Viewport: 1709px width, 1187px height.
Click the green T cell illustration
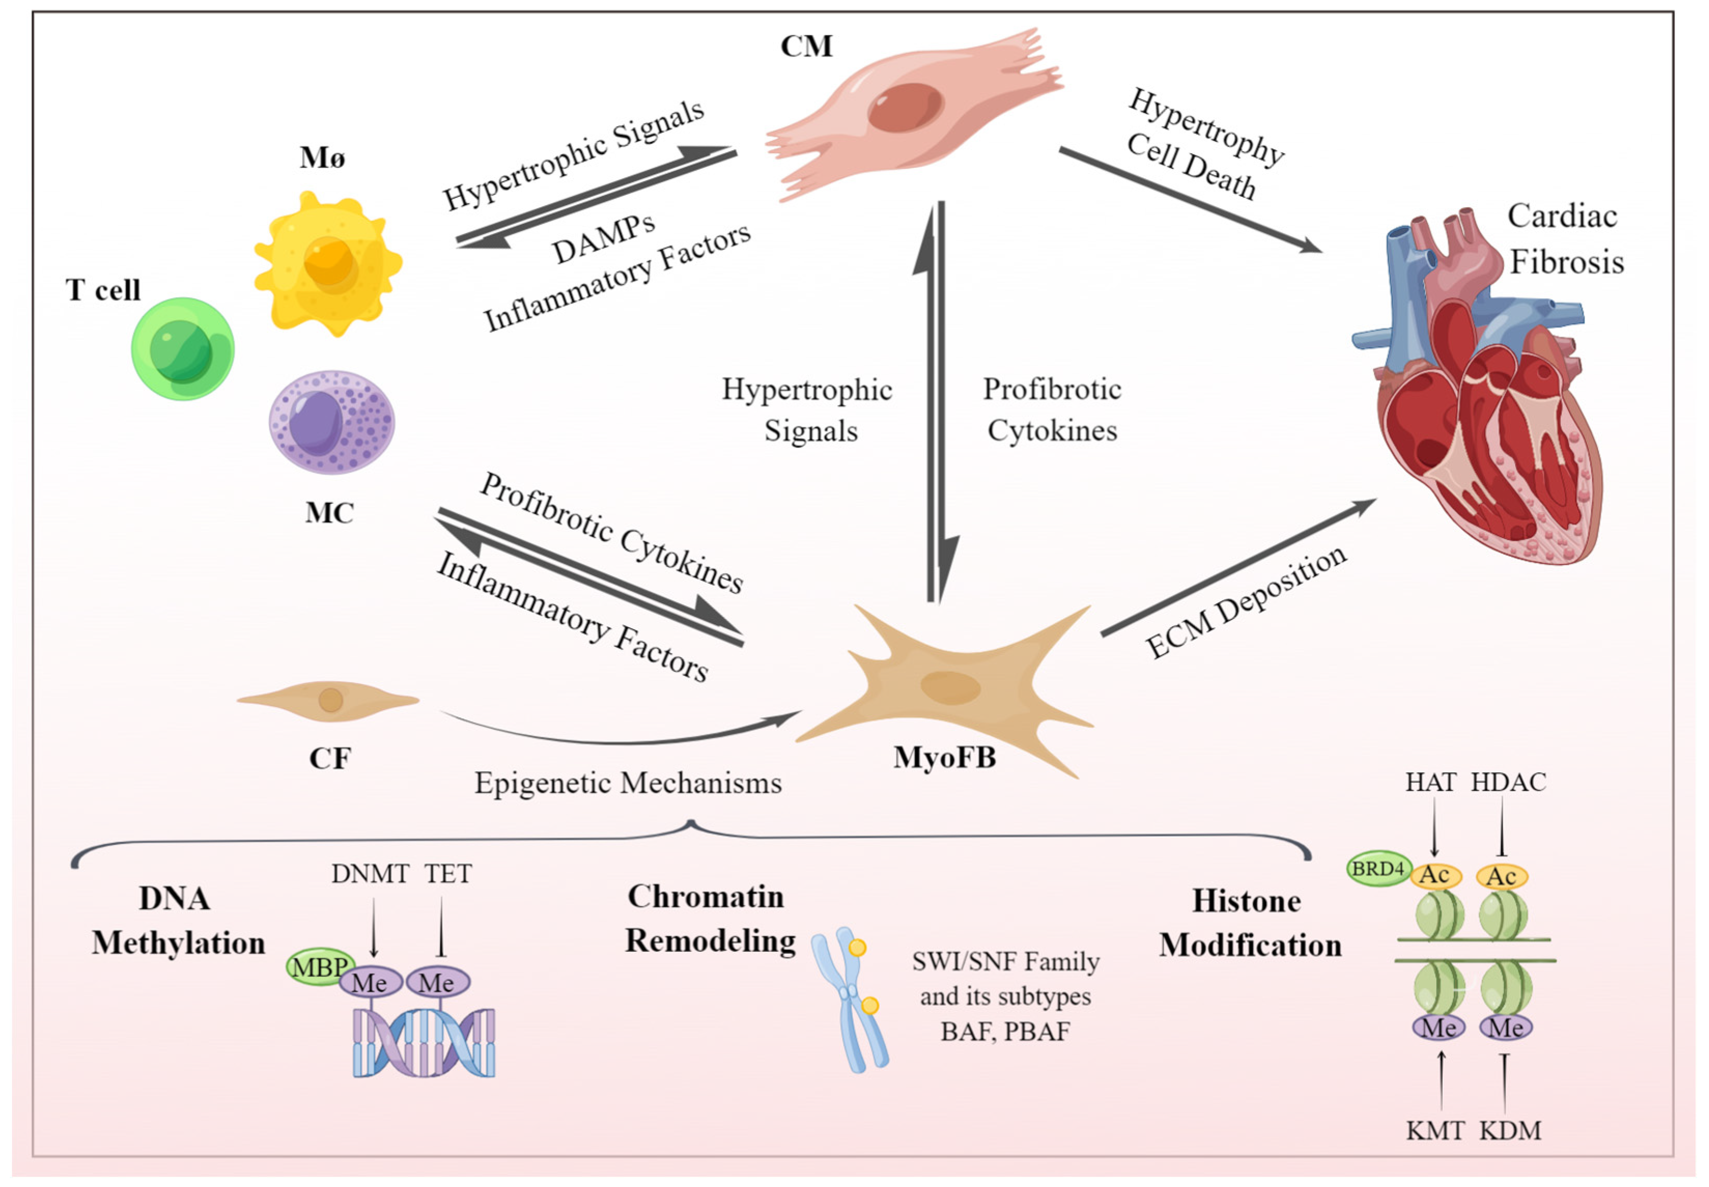182,349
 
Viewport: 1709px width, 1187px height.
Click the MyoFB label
944,757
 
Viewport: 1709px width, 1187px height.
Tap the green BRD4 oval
1378,868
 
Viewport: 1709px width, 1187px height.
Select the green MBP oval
319,967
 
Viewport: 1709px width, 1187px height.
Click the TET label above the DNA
448,873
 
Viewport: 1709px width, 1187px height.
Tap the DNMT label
370,873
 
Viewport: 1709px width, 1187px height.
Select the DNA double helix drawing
423,1041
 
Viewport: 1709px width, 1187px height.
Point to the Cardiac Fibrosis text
1564,239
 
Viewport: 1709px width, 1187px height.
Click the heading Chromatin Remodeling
709,919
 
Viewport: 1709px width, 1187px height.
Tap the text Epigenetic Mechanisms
628,783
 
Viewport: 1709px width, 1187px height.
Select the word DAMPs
603,239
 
